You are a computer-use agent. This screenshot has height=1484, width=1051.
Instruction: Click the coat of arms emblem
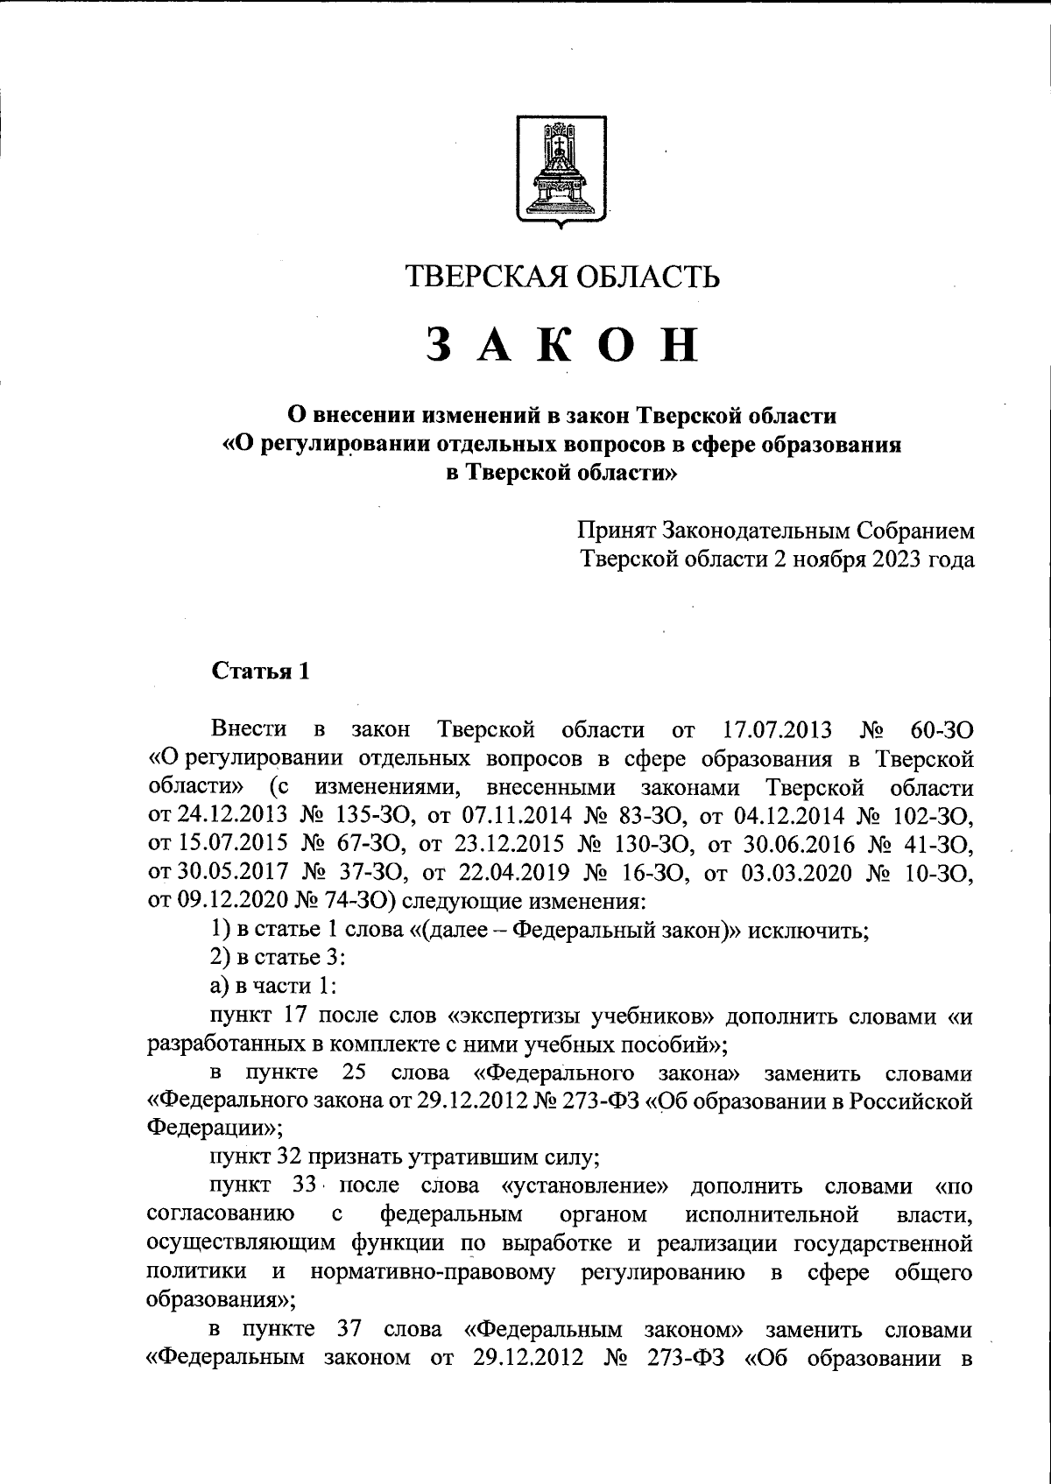pos(561,170)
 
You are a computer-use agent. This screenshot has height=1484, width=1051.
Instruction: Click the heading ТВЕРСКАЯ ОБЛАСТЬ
pos(561,277)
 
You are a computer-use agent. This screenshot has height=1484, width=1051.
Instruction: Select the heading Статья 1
pos(260,672)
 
